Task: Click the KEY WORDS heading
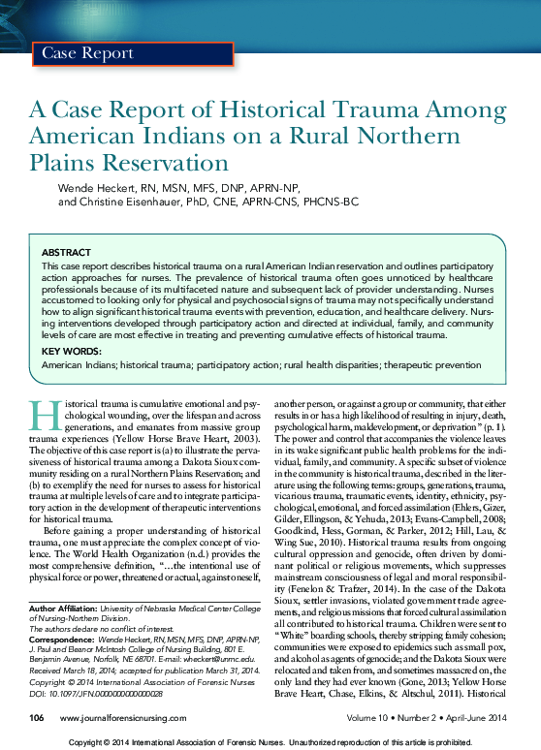click(71, 351)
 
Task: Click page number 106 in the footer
click(38, 718)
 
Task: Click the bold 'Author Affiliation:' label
click(59, 608)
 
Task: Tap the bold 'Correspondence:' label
click(59, 639)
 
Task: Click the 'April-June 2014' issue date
click(475, 718)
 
